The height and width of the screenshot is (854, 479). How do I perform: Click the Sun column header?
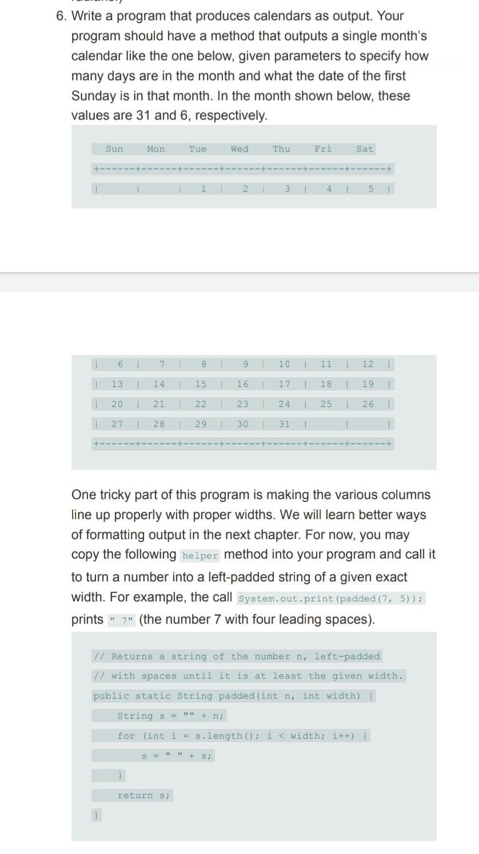coord(114,149)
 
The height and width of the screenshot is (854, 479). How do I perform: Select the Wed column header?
coord(240,149)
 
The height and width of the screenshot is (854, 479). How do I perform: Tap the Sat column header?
coord(365,149)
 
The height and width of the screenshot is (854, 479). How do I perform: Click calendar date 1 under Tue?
coord(203,189)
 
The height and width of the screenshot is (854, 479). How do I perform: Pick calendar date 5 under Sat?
coord(370,189)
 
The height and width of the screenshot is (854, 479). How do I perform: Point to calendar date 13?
coord(117,384)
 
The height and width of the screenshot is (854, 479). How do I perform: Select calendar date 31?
coord(284,424)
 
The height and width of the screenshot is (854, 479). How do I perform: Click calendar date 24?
coord(284,404)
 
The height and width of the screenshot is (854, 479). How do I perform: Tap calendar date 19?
coord(368,384)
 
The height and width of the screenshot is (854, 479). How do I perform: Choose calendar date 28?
coord(159,424)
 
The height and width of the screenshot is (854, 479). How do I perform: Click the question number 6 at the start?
coord(61,16)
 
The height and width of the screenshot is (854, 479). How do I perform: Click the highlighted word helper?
coord(200,556)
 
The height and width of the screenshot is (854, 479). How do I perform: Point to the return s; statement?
coord(143,795)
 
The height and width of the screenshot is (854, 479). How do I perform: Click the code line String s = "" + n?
coord(171,716)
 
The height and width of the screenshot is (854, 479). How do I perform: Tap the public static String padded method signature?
coord(234,696)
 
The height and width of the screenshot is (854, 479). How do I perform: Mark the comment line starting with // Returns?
coord(237,656)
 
